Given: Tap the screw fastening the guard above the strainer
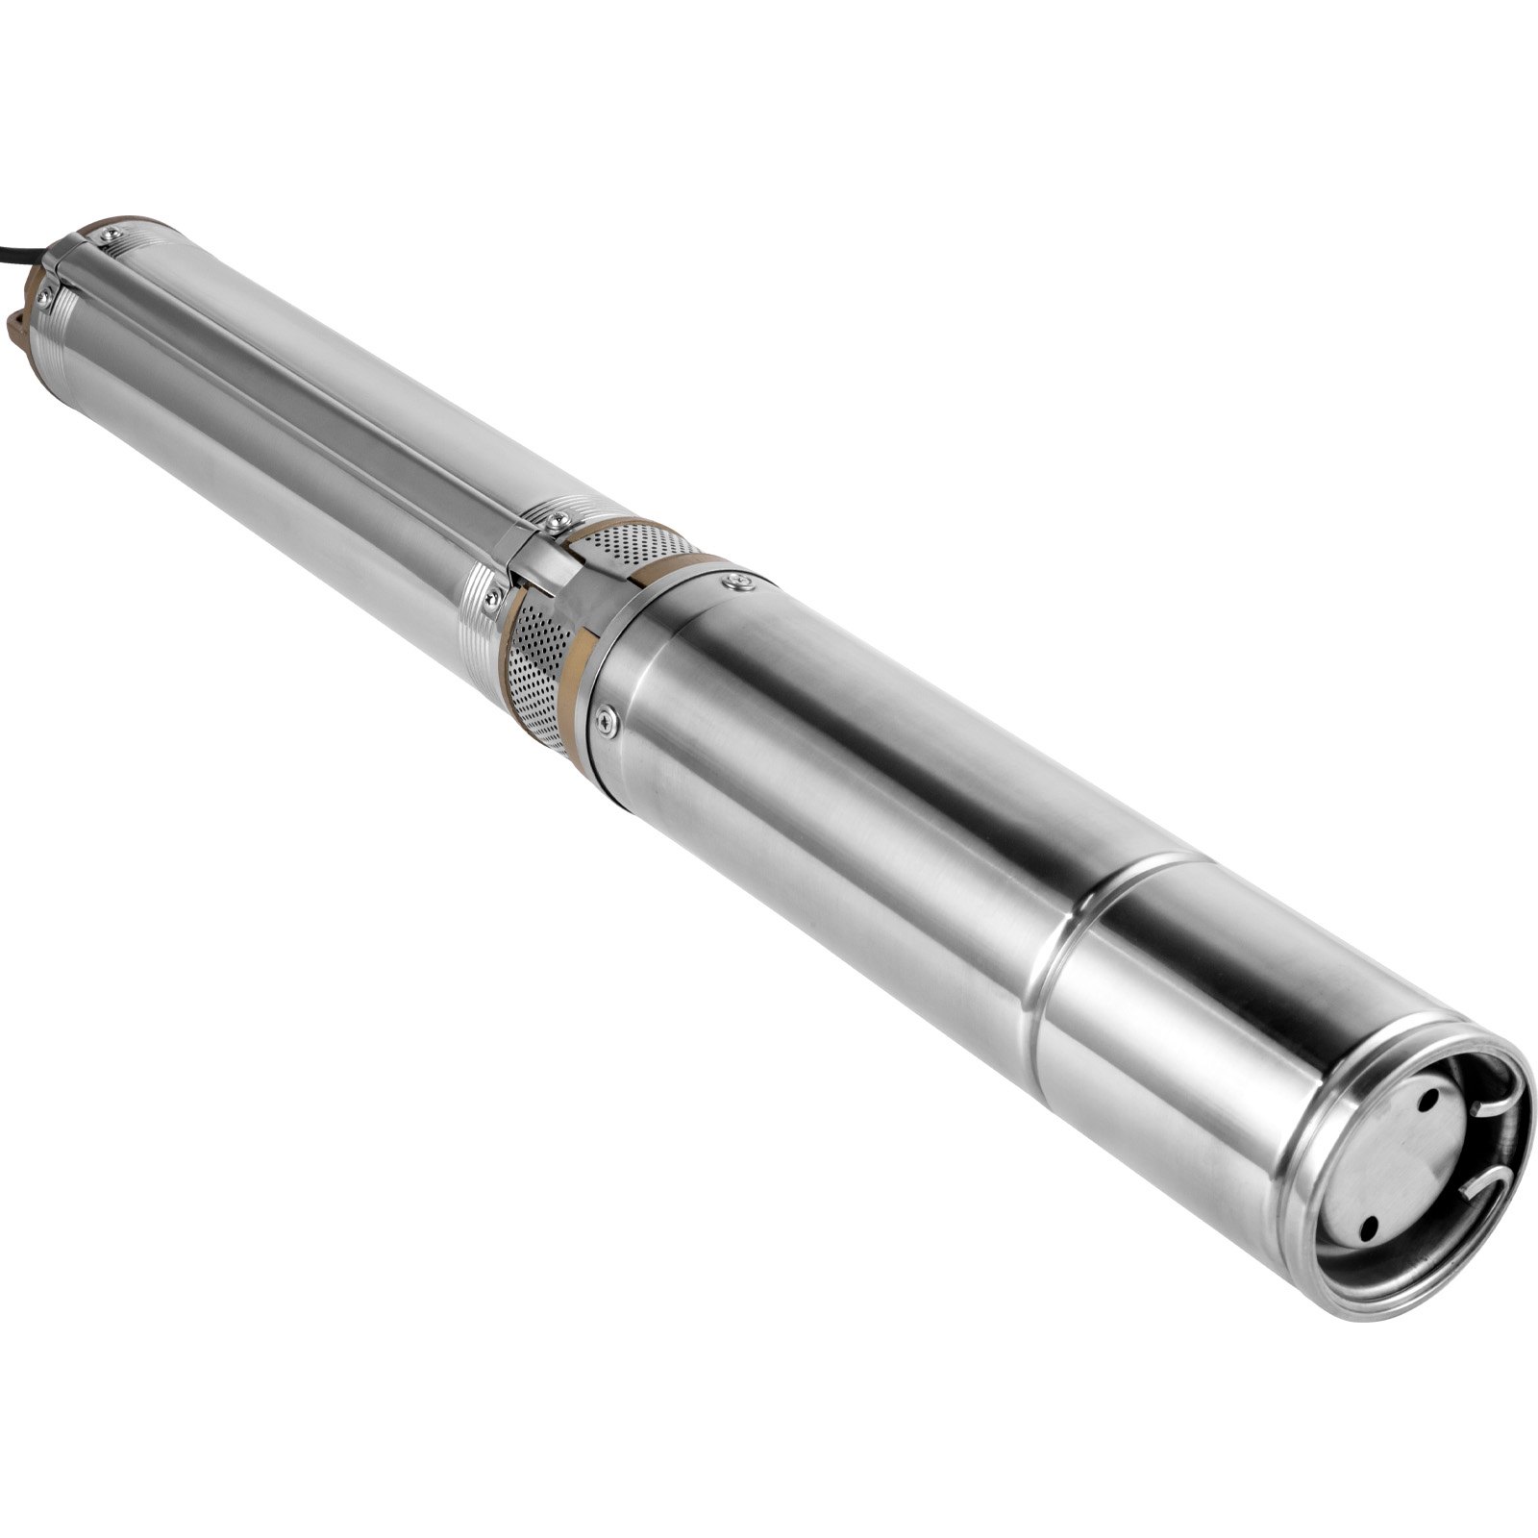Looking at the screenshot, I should tap(555, 520).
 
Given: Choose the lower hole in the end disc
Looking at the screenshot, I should tap(1369, 1223).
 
